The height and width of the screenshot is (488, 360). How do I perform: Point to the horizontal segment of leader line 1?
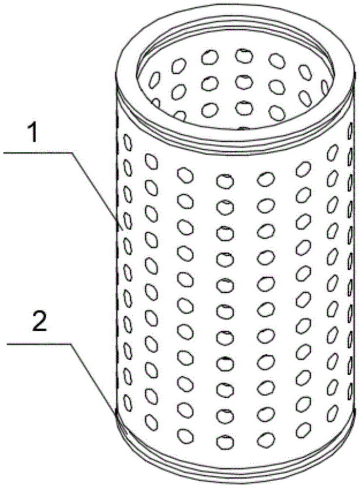coord(37,152)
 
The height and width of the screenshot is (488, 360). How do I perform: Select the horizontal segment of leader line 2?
coord(38,344)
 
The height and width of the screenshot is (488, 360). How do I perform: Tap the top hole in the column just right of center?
coord(266,178)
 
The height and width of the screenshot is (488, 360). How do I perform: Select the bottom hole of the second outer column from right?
coord(303,430)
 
